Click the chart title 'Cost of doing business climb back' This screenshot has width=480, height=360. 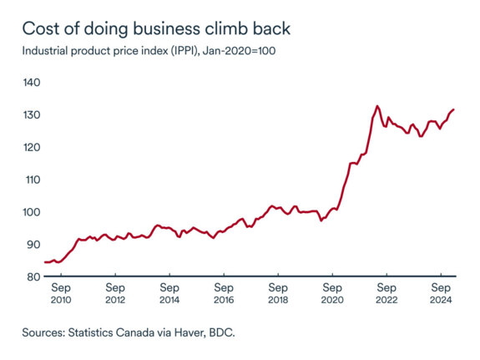click(x=156, y=28)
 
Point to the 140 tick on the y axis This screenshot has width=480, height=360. click(x=31, y=83)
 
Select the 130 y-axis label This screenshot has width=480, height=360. click(x=31, y=114)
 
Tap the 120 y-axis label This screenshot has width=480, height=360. click(x=31, y=147)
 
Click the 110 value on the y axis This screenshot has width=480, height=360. click(x=31, y=180)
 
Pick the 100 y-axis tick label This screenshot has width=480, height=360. click(x=31, y=212)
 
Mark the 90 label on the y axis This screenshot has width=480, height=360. click(x=31, y=244)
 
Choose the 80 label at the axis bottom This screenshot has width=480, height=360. click(x=31, y=276)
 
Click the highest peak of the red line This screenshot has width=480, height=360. click(x=377, y=106)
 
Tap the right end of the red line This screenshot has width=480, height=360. click(x=453, y=109)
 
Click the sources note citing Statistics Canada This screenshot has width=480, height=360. click(x=129, y=332)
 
